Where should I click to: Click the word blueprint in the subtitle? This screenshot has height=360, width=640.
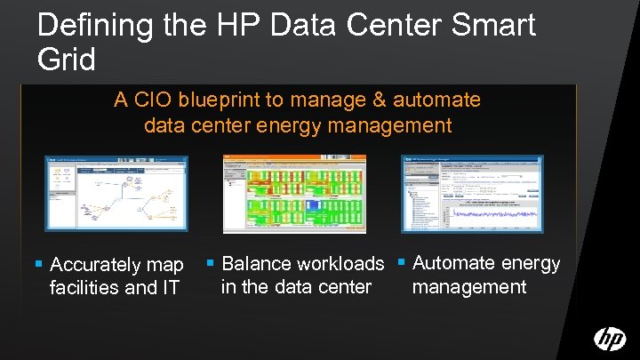click(x=221, y=100)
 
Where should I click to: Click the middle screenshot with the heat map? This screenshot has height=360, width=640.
click(x=293, y=194)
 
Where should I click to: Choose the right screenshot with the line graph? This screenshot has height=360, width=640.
click(x=472, y=194)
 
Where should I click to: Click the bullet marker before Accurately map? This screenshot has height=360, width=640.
click(x=38, y=265)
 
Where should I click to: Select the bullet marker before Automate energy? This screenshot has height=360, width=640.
click(x=403, y=263)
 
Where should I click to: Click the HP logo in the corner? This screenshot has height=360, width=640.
click(x=610, y=339)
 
